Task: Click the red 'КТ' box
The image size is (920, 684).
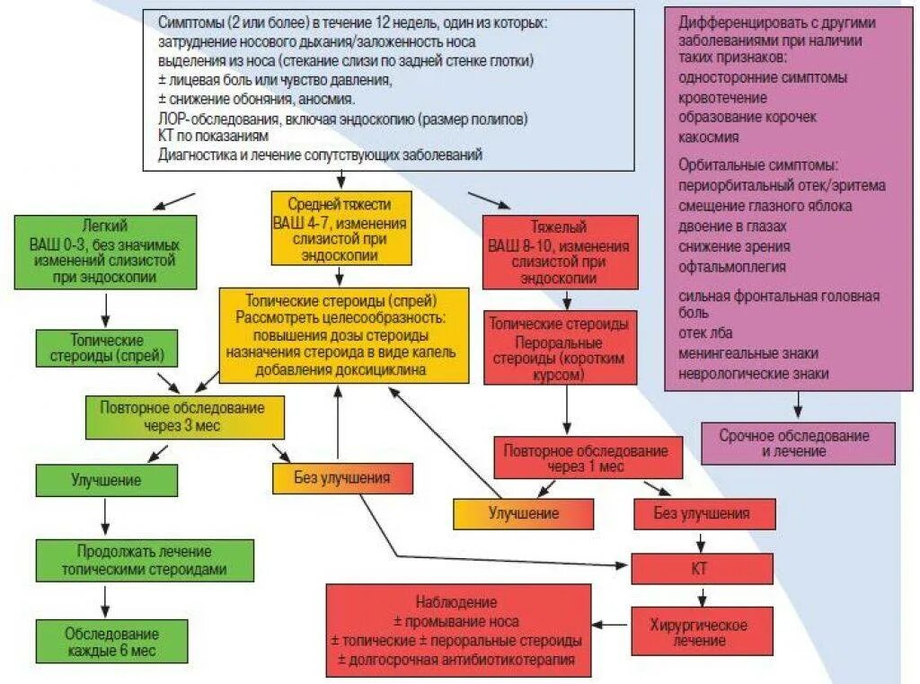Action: pos(701,568)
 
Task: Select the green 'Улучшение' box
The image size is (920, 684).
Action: pos(106,479)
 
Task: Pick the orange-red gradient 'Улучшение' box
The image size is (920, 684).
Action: pos(523,513)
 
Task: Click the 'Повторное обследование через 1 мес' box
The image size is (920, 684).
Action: pos(586,458)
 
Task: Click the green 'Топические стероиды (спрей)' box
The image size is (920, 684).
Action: pos(106,349)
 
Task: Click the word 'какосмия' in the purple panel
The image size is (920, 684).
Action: pos(709,137)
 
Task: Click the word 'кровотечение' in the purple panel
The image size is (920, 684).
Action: pos(722,97)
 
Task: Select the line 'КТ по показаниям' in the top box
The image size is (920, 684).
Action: pos(212,137)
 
